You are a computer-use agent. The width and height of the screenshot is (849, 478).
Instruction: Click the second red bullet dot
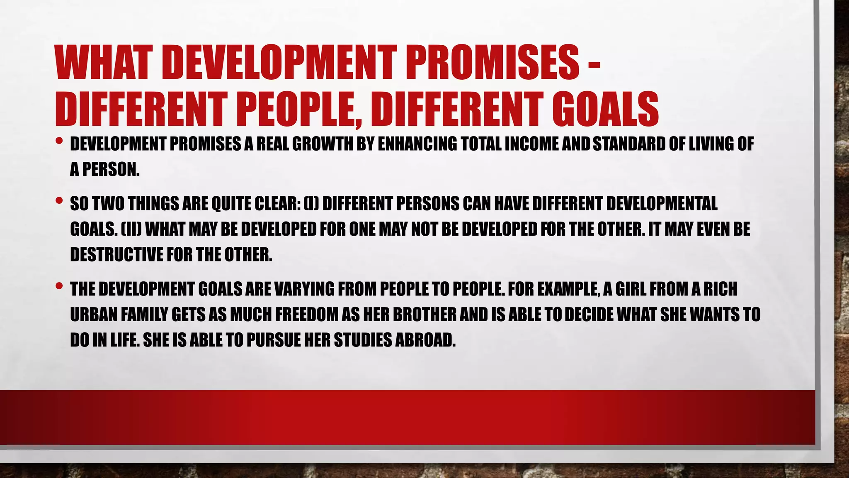tap(59, 201)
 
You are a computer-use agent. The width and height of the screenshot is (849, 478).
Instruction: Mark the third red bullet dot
tap(59, 286)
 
